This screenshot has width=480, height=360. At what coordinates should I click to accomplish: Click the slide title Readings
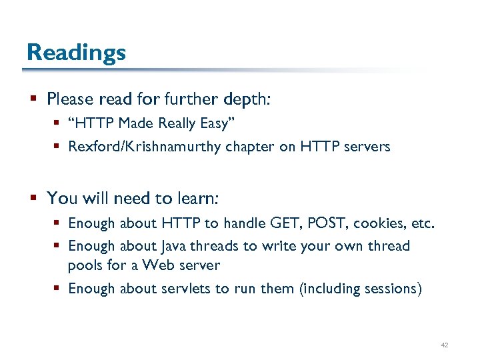(76, 52)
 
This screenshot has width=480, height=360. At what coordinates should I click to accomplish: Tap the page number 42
(445, 345)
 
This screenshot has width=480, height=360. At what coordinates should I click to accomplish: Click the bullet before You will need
(33, 199)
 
